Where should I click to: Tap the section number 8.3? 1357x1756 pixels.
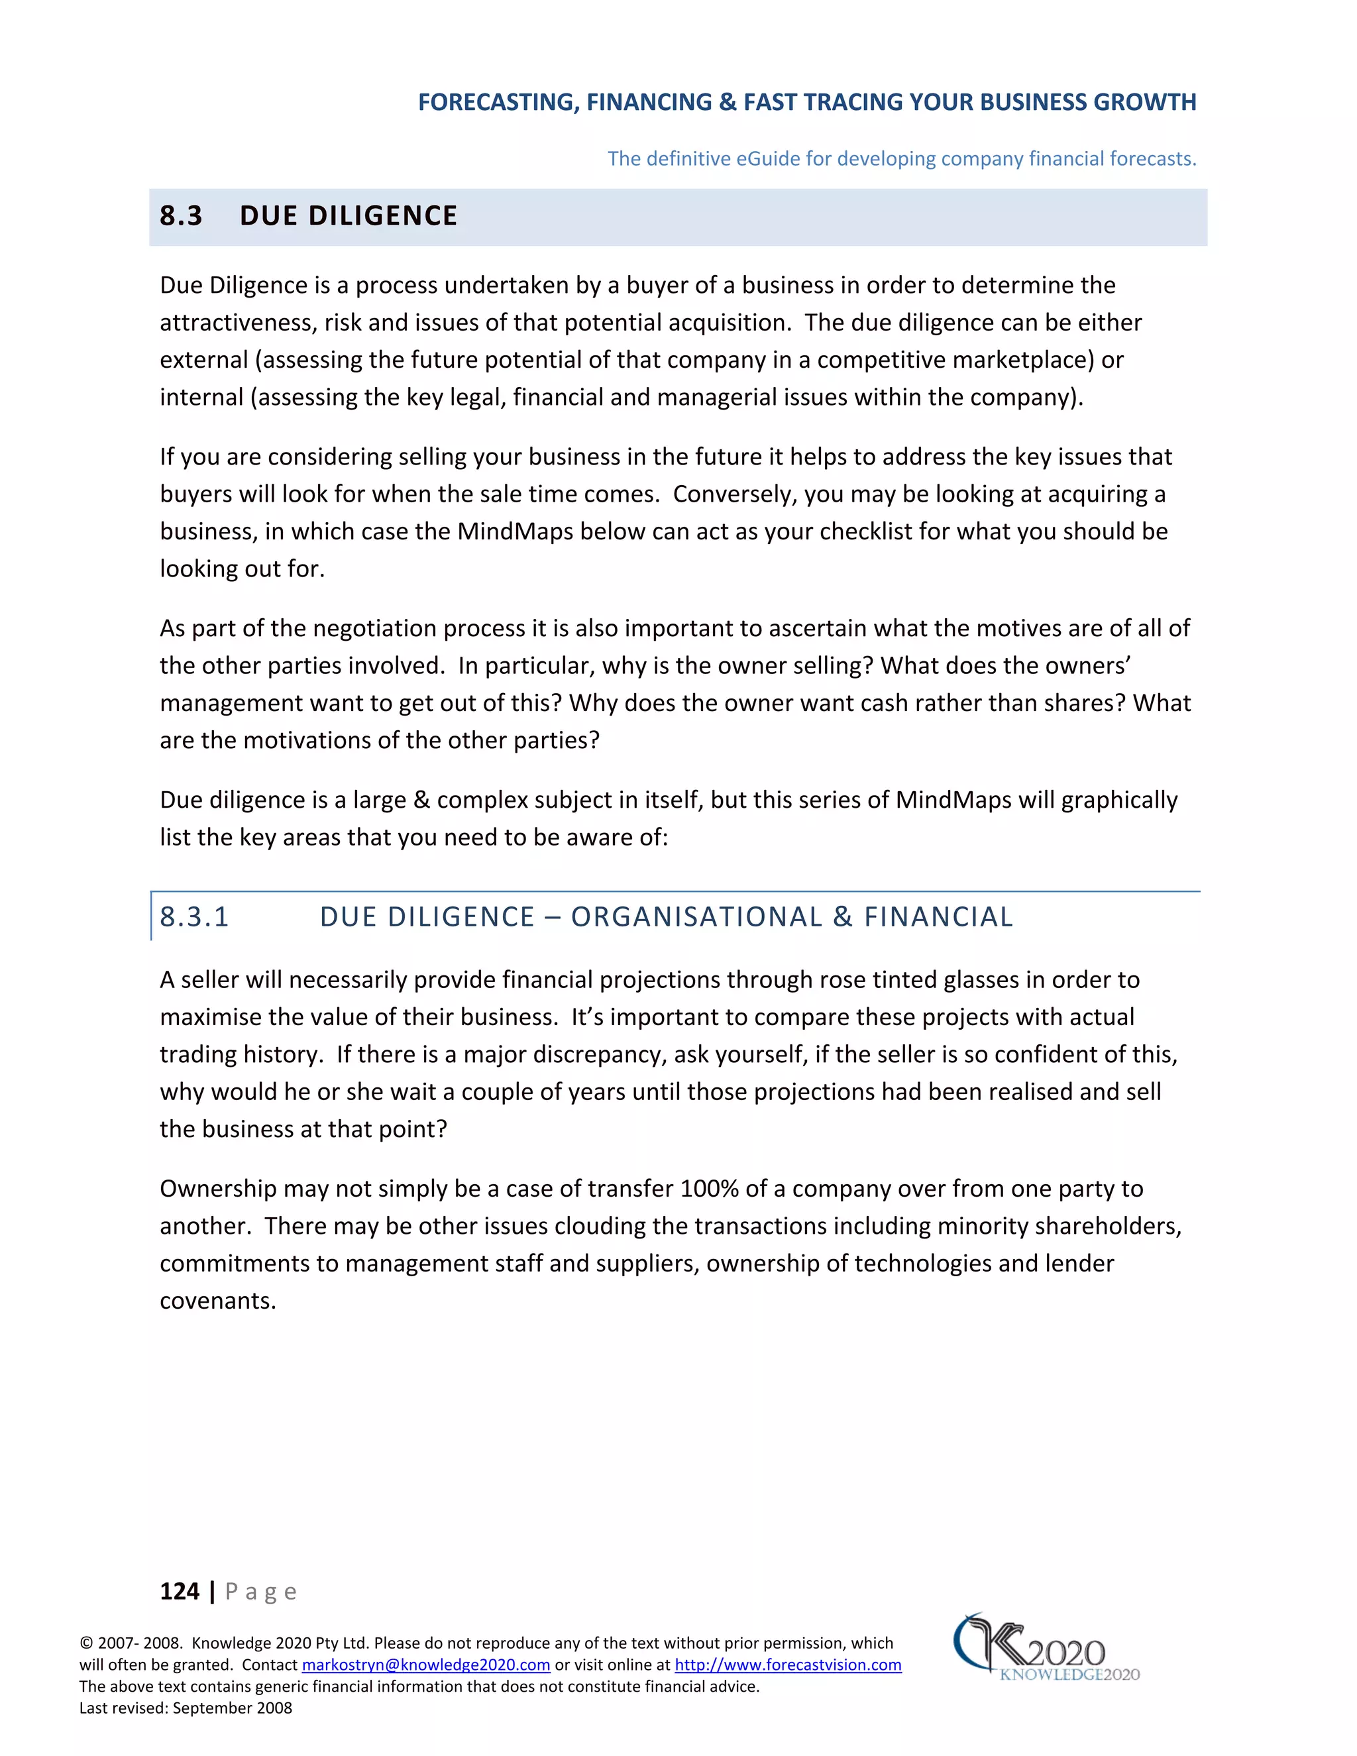(181, 215)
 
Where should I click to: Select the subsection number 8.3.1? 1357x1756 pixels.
(195, 916)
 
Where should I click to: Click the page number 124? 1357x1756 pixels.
(180, 1590)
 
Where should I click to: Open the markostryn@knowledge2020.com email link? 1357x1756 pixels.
(425, 1665)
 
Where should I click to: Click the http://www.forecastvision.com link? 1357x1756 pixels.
(787, 1665)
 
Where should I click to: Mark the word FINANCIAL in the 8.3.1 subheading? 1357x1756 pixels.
(938, 916)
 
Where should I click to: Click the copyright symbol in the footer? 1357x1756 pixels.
(86, 1643)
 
